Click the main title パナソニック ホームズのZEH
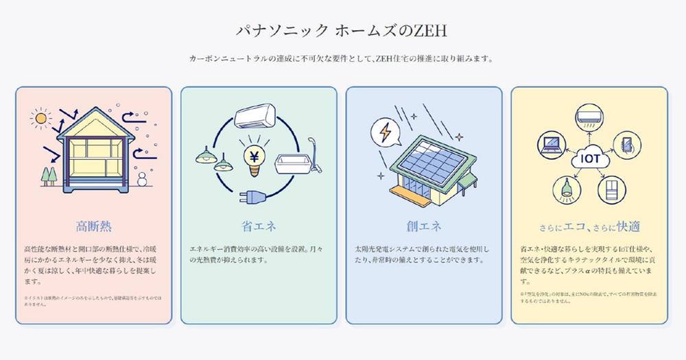[342, 32]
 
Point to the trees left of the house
[49, 176]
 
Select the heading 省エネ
[259, 226]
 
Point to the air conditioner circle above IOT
[589, 117]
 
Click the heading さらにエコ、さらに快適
[589, 227]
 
